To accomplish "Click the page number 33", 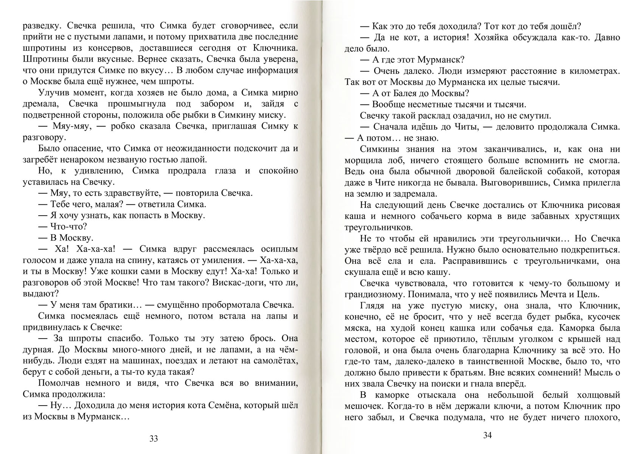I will coord(154,439).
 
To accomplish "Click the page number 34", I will coord(488,435).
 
